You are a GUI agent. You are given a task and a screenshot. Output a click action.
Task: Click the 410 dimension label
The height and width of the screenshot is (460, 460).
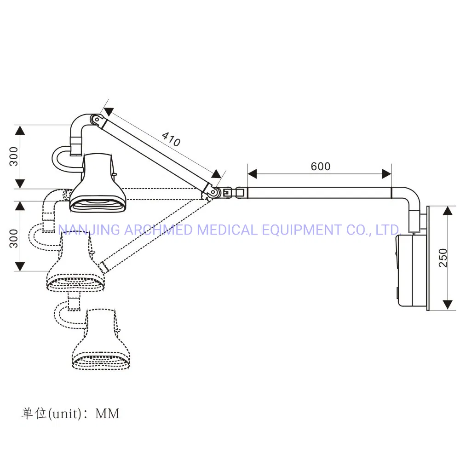[171, 139]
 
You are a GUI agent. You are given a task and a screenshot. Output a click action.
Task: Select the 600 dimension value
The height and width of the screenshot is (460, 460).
[320, 166]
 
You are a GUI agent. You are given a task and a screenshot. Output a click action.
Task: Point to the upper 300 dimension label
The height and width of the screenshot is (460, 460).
[14, 156]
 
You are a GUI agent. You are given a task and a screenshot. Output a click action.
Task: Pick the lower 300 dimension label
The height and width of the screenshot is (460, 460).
[14, 238]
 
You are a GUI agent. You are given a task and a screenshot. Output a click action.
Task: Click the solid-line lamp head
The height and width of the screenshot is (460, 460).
[98, 182]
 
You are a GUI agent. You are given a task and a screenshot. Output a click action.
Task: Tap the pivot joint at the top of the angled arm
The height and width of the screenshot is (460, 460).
[95, 120]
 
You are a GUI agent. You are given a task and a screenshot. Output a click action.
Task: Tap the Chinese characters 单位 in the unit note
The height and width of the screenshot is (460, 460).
[34, 414]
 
